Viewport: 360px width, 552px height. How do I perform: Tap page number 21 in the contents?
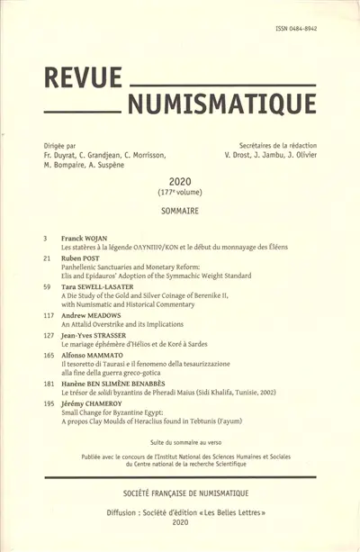pos(45,257)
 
